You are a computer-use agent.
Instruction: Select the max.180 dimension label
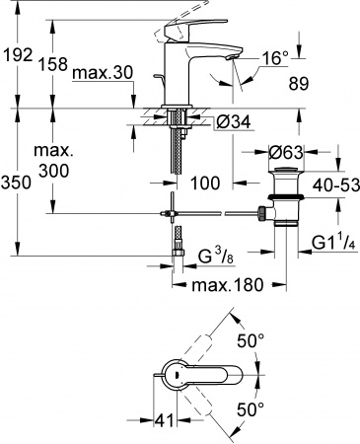(x=225, y=287)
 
